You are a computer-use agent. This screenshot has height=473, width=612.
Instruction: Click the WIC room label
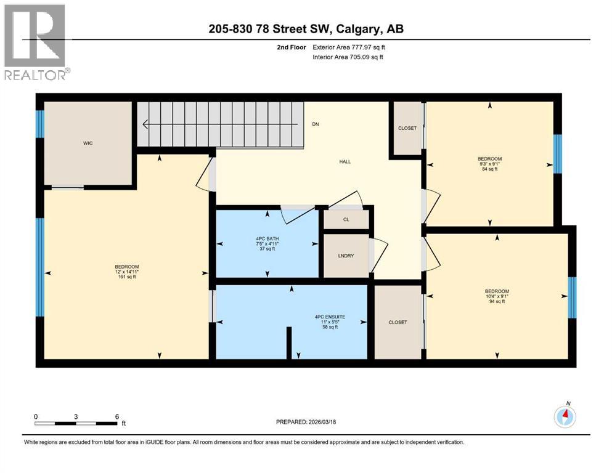pos(88,143)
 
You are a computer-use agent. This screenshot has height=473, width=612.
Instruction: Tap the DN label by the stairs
pos(316,124)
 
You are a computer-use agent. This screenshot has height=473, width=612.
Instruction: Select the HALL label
pos(345,161)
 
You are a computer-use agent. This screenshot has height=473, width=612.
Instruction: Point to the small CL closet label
pos(346,219)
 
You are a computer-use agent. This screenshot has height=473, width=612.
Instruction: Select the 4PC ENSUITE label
pos(330,317)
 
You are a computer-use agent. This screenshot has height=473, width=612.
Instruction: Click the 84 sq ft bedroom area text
pos(489,169)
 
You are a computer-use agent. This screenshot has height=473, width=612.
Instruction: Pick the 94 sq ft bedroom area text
pos(497,302)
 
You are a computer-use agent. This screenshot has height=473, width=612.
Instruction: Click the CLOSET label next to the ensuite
pos(398,322)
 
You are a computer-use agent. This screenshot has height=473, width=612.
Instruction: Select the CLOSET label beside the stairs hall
pos(407,128)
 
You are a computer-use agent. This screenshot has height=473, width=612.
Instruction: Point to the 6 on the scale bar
pos(116,416)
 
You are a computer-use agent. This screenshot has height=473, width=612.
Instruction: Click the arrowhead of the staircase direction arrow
pos(145,124)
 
